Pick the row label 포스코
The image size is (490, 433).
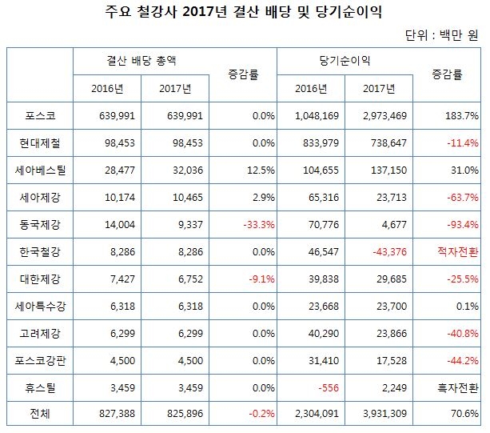coord(40,116)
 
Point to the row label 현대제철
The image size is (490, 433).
coord(40,142)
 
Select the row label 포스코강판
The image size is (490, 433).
coord(40,360)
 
